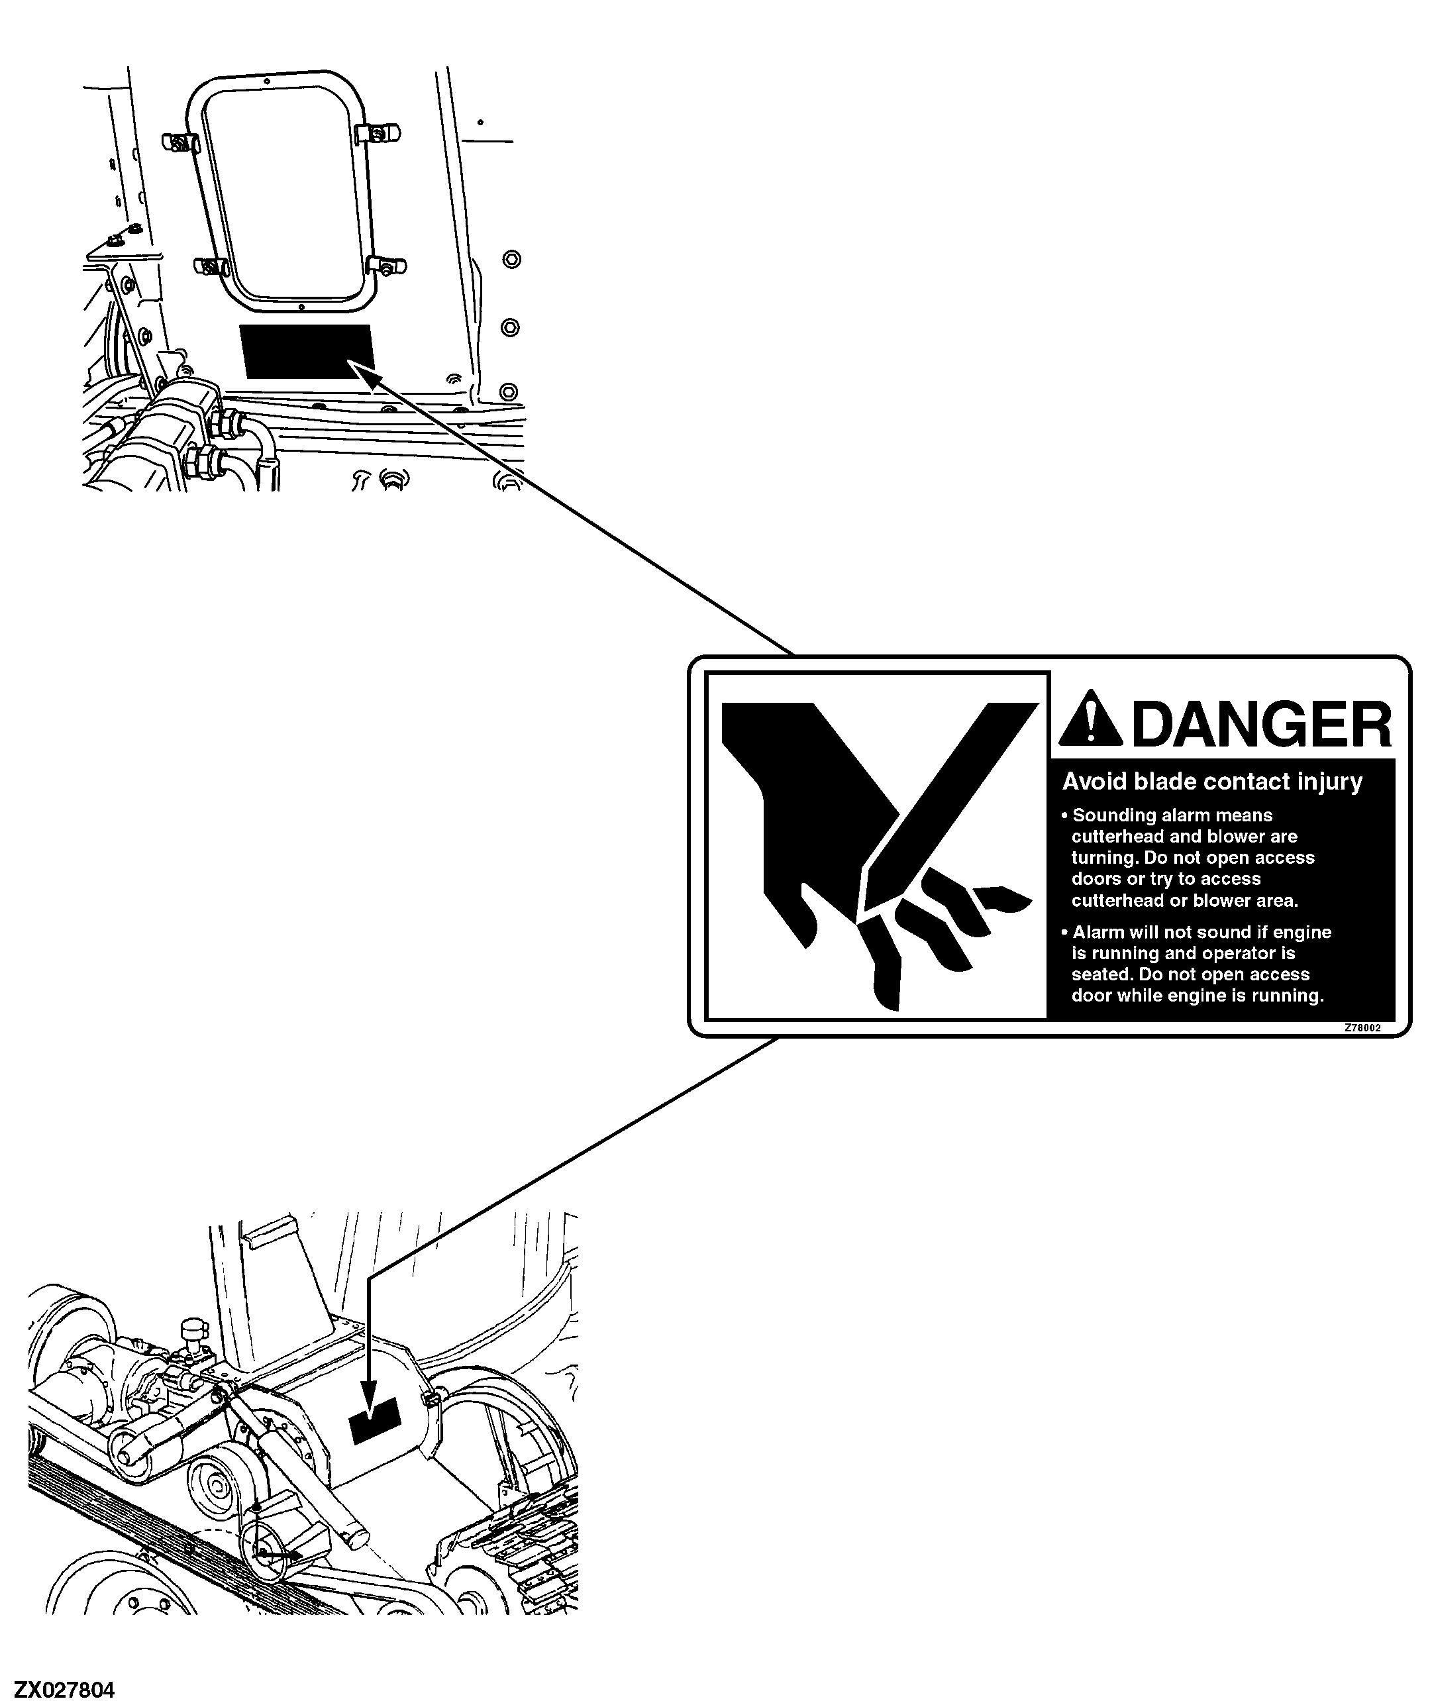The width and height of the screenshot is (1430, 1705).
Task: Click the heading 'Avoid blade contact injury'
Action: coord(1212,782)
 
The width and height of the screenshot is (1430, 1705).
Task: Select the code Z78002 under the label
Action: coord(1362,1028)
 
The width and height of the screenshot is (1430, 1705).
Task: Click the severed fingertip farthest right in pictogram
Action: coord(1003,898)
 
